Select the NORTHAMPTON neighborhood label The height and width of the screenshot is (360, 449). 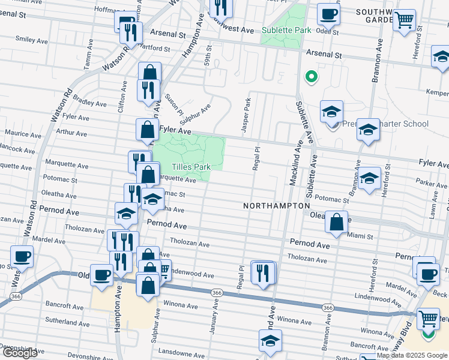click(x=276, y=206)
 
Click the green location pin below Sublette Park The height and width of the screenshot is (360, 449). click(x=311, y=76)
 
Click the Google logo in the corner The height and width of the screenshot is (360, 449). click(x=19, y=353)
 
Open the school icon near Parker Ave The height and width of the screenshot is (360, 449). click(x=370, y=178)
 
